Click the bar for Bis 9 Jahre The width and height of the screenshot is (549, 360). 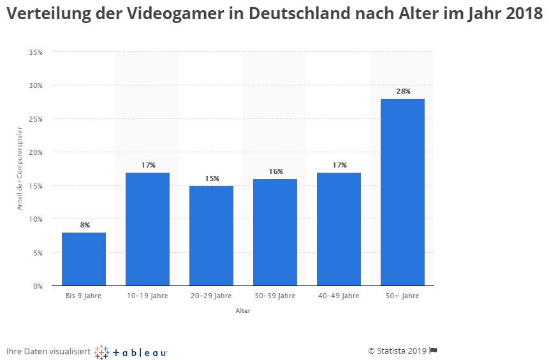point(84,259)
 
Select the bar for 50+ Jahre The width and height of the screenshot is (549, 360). point(402,192)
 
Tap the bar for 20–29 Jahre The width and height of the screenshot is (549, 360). point(211,236)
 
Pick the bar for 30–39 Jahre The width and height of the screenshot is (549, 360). point(275,232)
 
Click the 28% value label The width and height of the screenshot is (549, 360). point(403,91)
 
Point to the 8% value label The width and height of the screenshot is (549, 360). point(84,225)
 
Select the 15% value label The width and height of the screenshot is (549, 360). point(212,178)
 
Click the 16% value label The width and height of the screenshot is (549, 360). point(275,171)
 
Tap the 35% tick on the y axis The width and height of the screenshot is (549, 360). point(36,52)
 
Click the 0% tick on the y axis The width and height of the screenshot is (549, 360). point(38,286)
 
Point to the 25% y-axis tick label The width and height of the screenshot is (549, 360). point(36,119)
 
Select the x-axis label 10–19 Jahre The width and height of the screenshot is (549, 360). point(147,296)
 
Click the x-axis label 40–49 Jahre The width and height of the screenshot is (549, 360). point(339,296)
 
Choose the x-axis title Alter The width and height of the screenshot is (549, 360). point(243,311)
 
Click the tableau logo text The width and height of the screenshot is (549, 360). point(140,351)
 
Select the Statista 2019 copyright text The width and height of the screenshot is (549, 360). point(397,350)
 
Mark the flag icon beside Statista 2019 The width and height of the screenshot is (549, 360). point(433,350)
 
